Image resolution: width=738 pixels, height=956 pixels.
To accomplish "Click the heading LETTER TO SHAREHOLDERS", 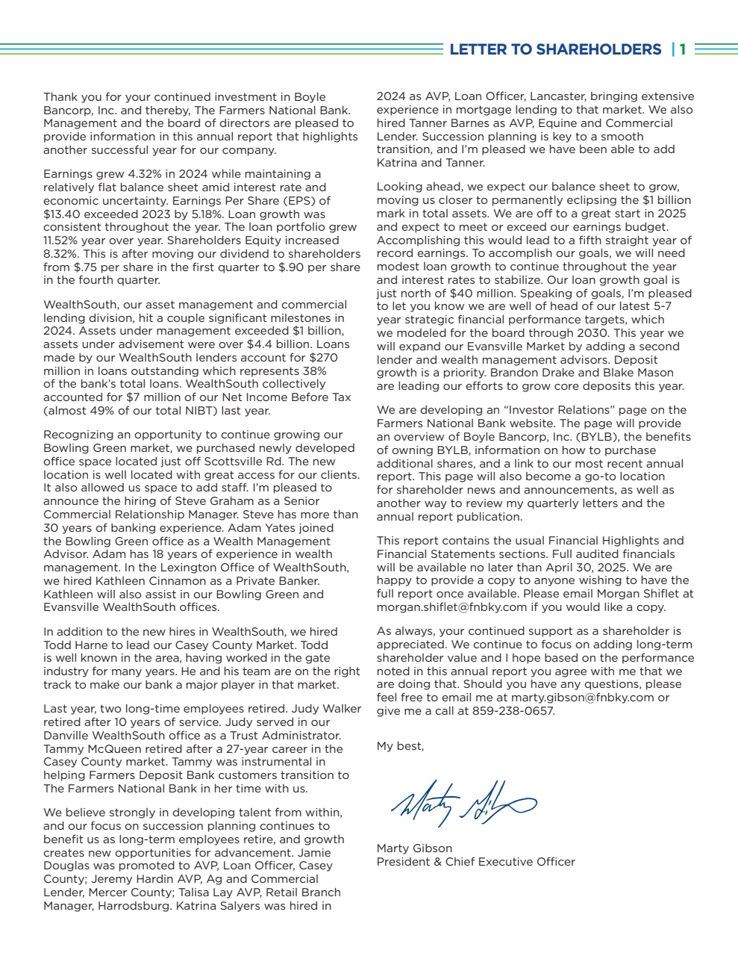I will [555, 49].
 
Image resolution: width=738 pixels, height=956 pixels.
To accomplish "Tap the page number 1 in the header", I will [683, 49].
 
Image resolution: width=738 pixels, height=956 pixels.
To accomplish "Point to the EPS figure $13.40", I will [61, 214].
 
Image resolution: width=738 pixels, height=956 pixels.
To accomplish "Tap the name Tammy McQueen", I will [87, 749].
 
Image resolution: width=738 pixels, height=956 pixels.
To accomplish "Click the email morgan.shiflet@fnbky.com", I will [451, 607].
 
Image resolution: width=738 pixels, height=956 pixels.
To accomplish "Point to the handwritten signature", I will [463, 802].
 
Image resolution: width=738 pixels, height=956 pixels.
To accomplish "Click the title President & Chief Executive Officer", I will [476, 861].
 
